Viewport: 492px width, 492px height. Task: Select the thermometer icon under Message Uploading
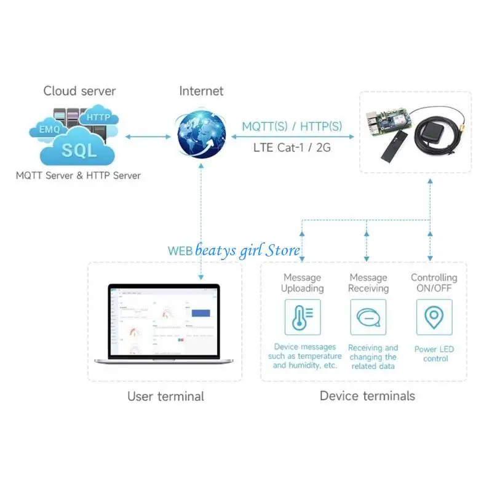click(x=303, y=317)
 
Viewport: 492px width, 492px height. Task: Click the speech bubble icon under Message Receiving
click(x=368, y=317)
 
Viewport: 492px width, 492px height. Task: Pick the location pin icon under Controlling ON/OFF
click(x=434, y=317)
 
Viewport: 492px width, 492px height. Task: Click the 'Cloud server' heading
click(x=79, y=91)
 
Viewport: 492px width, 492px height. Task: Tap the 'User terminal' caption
click(x=165, y=396)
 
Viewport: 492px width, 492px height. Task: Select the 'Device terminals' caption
click(x=367, y=395)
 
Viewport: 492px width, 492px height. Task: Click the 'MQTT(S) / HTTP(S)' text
click(x=292, y=127)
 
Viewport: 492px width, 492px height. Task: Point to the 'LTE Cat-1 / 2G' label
click(x=292, y=148)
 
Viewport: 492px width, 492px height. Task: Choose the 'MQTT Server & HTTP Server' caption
click(x=78, y=176)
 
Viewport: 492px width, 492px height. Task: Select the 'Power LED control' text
click(x=434, y=354)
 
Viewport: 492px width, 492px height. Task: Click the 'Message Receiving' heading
click(x=368, y=283)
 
